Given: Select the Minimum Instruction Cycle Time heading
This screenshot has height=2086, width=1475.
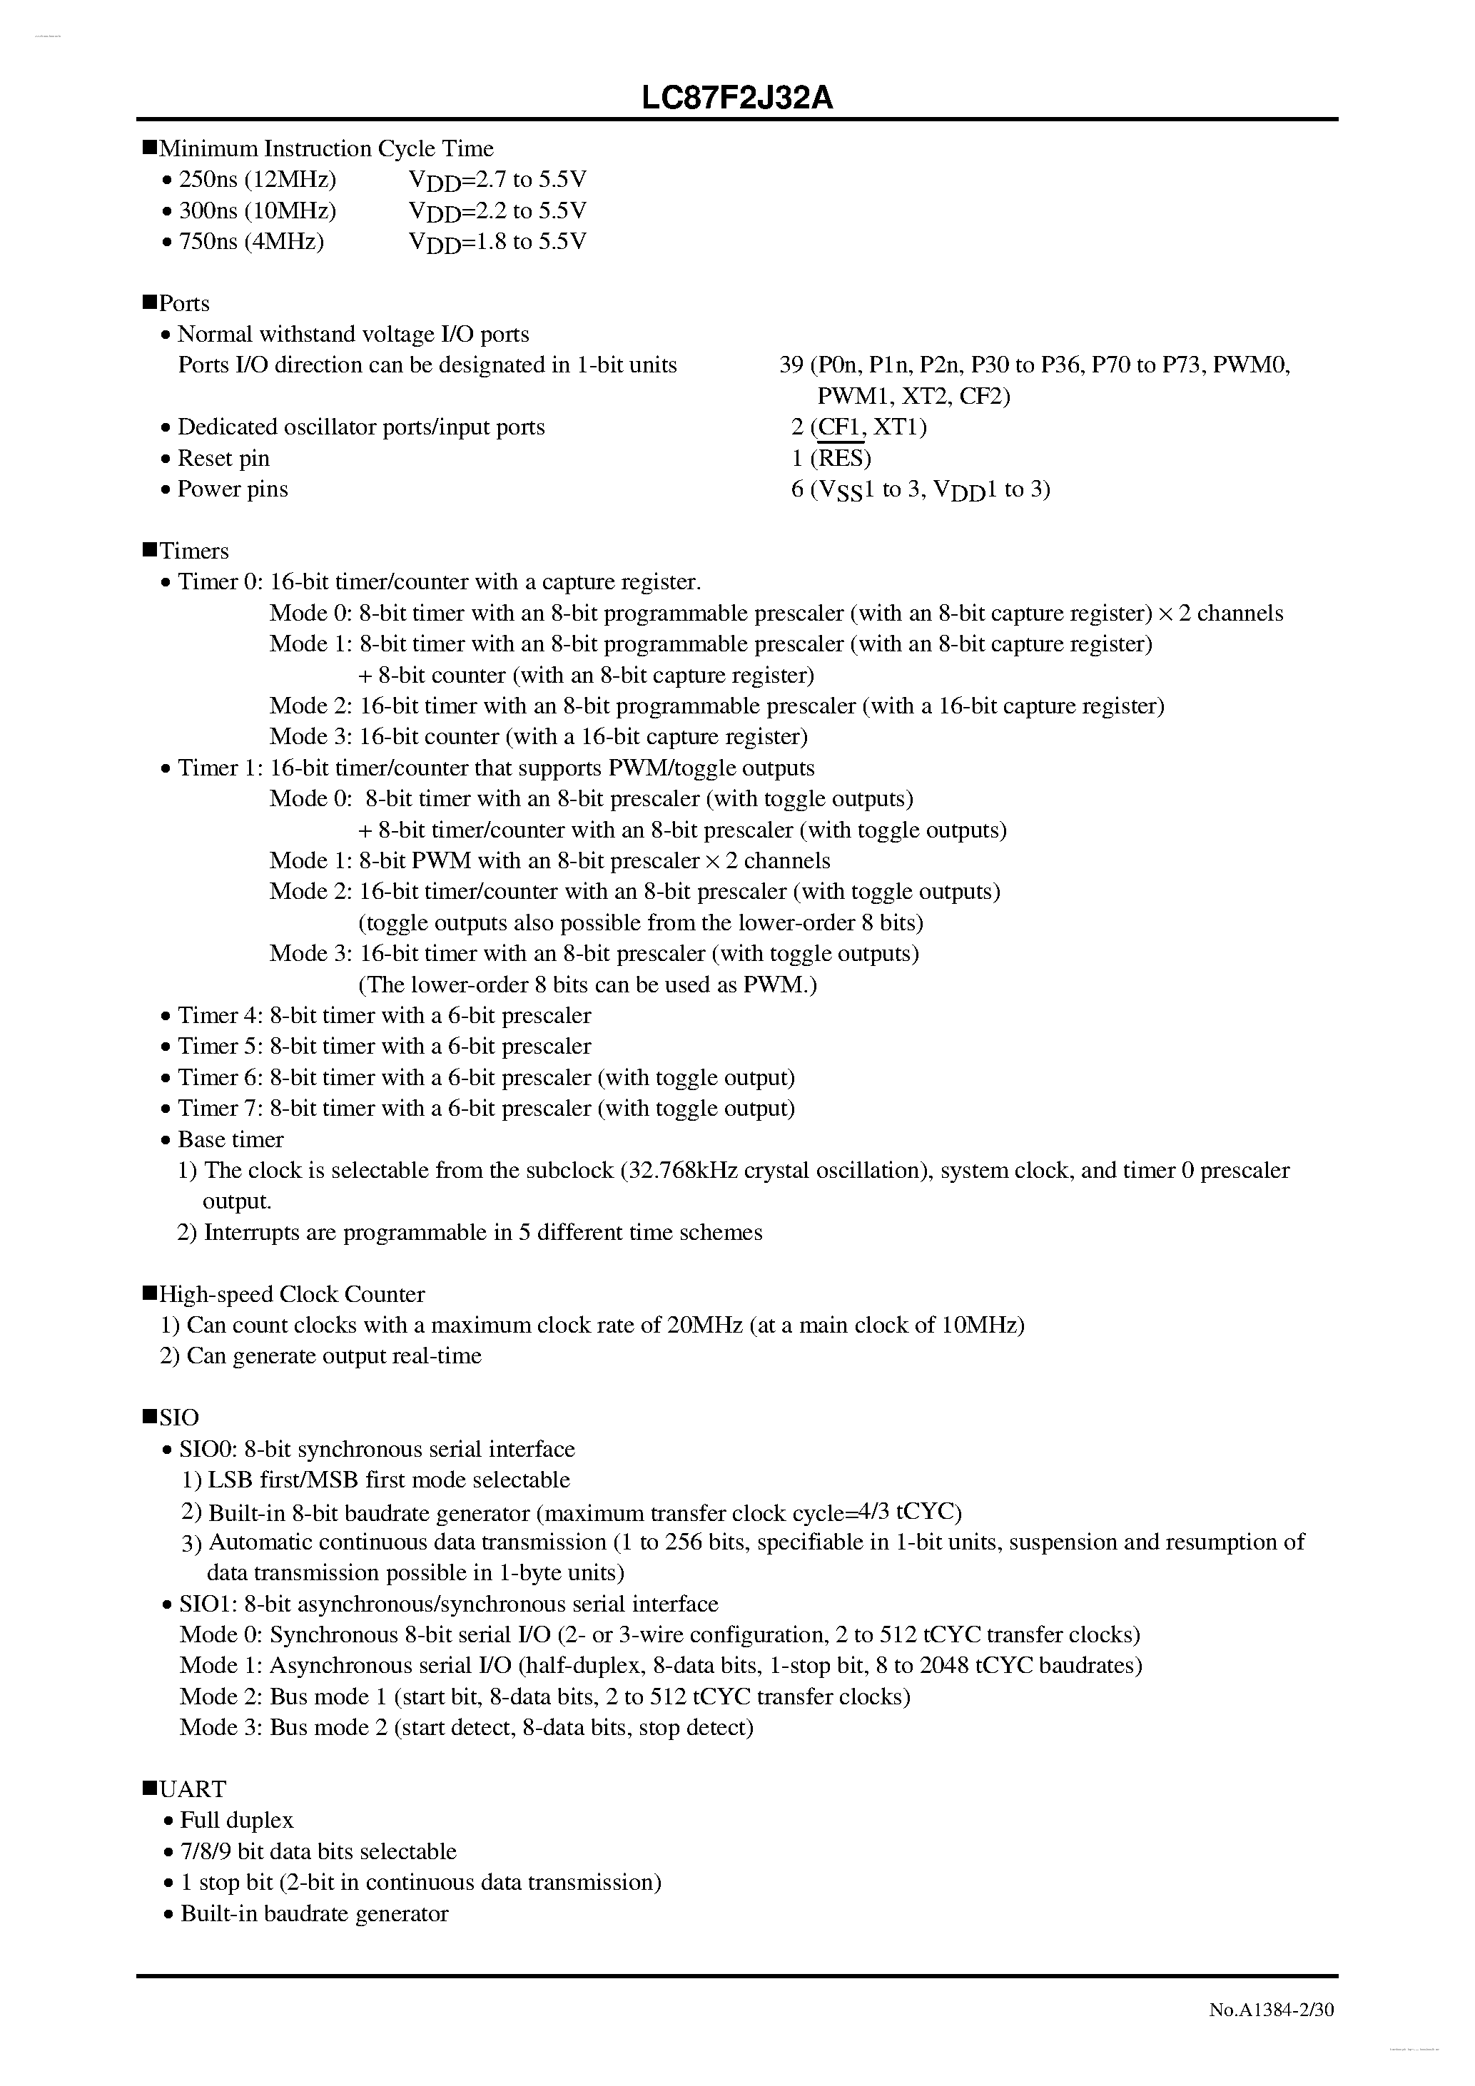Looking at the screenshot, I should coord(326,148).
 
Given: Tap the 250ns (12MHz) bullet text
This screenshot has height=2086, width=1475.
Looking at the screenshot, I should coord(257,180).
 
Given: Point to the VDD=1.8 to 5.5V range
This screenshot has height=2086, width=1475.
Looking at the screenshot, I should coord(498,242).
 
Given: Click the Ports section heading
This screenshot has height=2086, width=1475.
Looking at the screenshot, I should coord(183,303).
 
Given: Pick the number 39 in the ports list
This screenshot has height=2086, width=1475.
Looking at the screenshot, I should coord(791,365).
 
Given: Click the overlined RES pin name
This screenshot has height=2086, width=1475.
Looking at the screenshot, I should coord(841,458).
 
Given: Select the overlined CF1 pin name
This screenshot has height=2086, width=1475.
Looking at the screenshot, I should coord(841,427).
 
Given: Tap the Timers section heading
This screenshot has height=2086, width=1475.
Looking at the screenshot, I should coord(193,551).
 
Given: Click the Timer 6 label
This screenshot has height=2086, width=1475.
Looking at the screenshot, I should coord(220,1077).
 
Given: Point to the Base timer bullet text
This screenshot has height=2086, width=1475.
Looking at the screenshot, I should coord(230,1139).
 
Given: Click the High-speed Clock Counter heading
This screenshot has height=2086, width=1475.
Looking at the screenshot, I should coord(292,1293).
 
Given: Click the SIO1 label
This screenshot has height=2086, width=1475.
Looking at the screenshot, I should coord(207,1604).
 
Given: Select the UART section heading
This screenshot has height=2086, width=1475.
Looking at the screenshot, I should coord(193,1789).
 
